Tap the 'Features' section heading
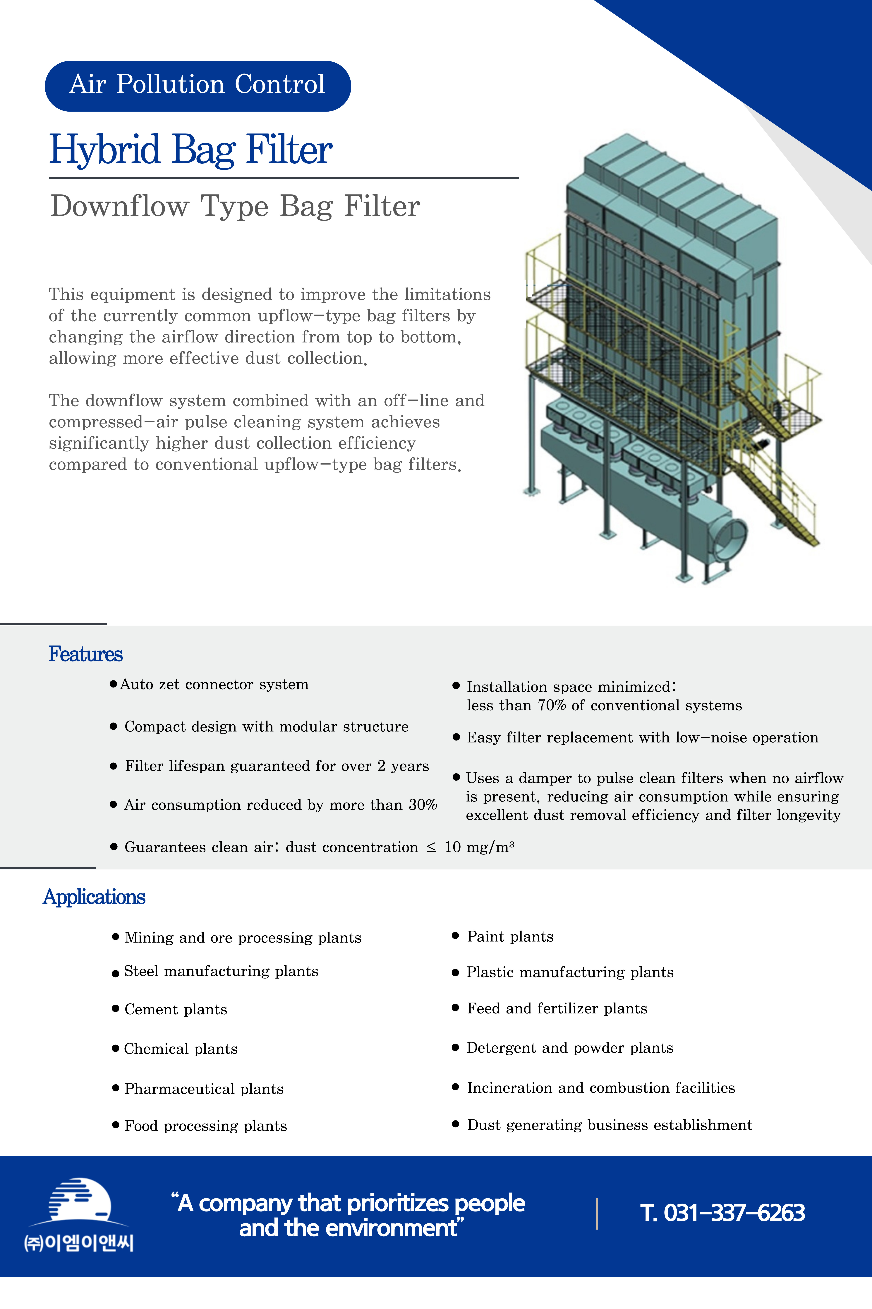pyautogui.click(x=85, y=654)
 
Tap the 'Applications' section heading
pyautogui.click(x=94, y=897)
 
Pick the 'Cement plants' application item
pyautogui.click(x=176, y=1010)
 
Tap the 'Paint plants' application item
pyautogui.click(x=510, y=937)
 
